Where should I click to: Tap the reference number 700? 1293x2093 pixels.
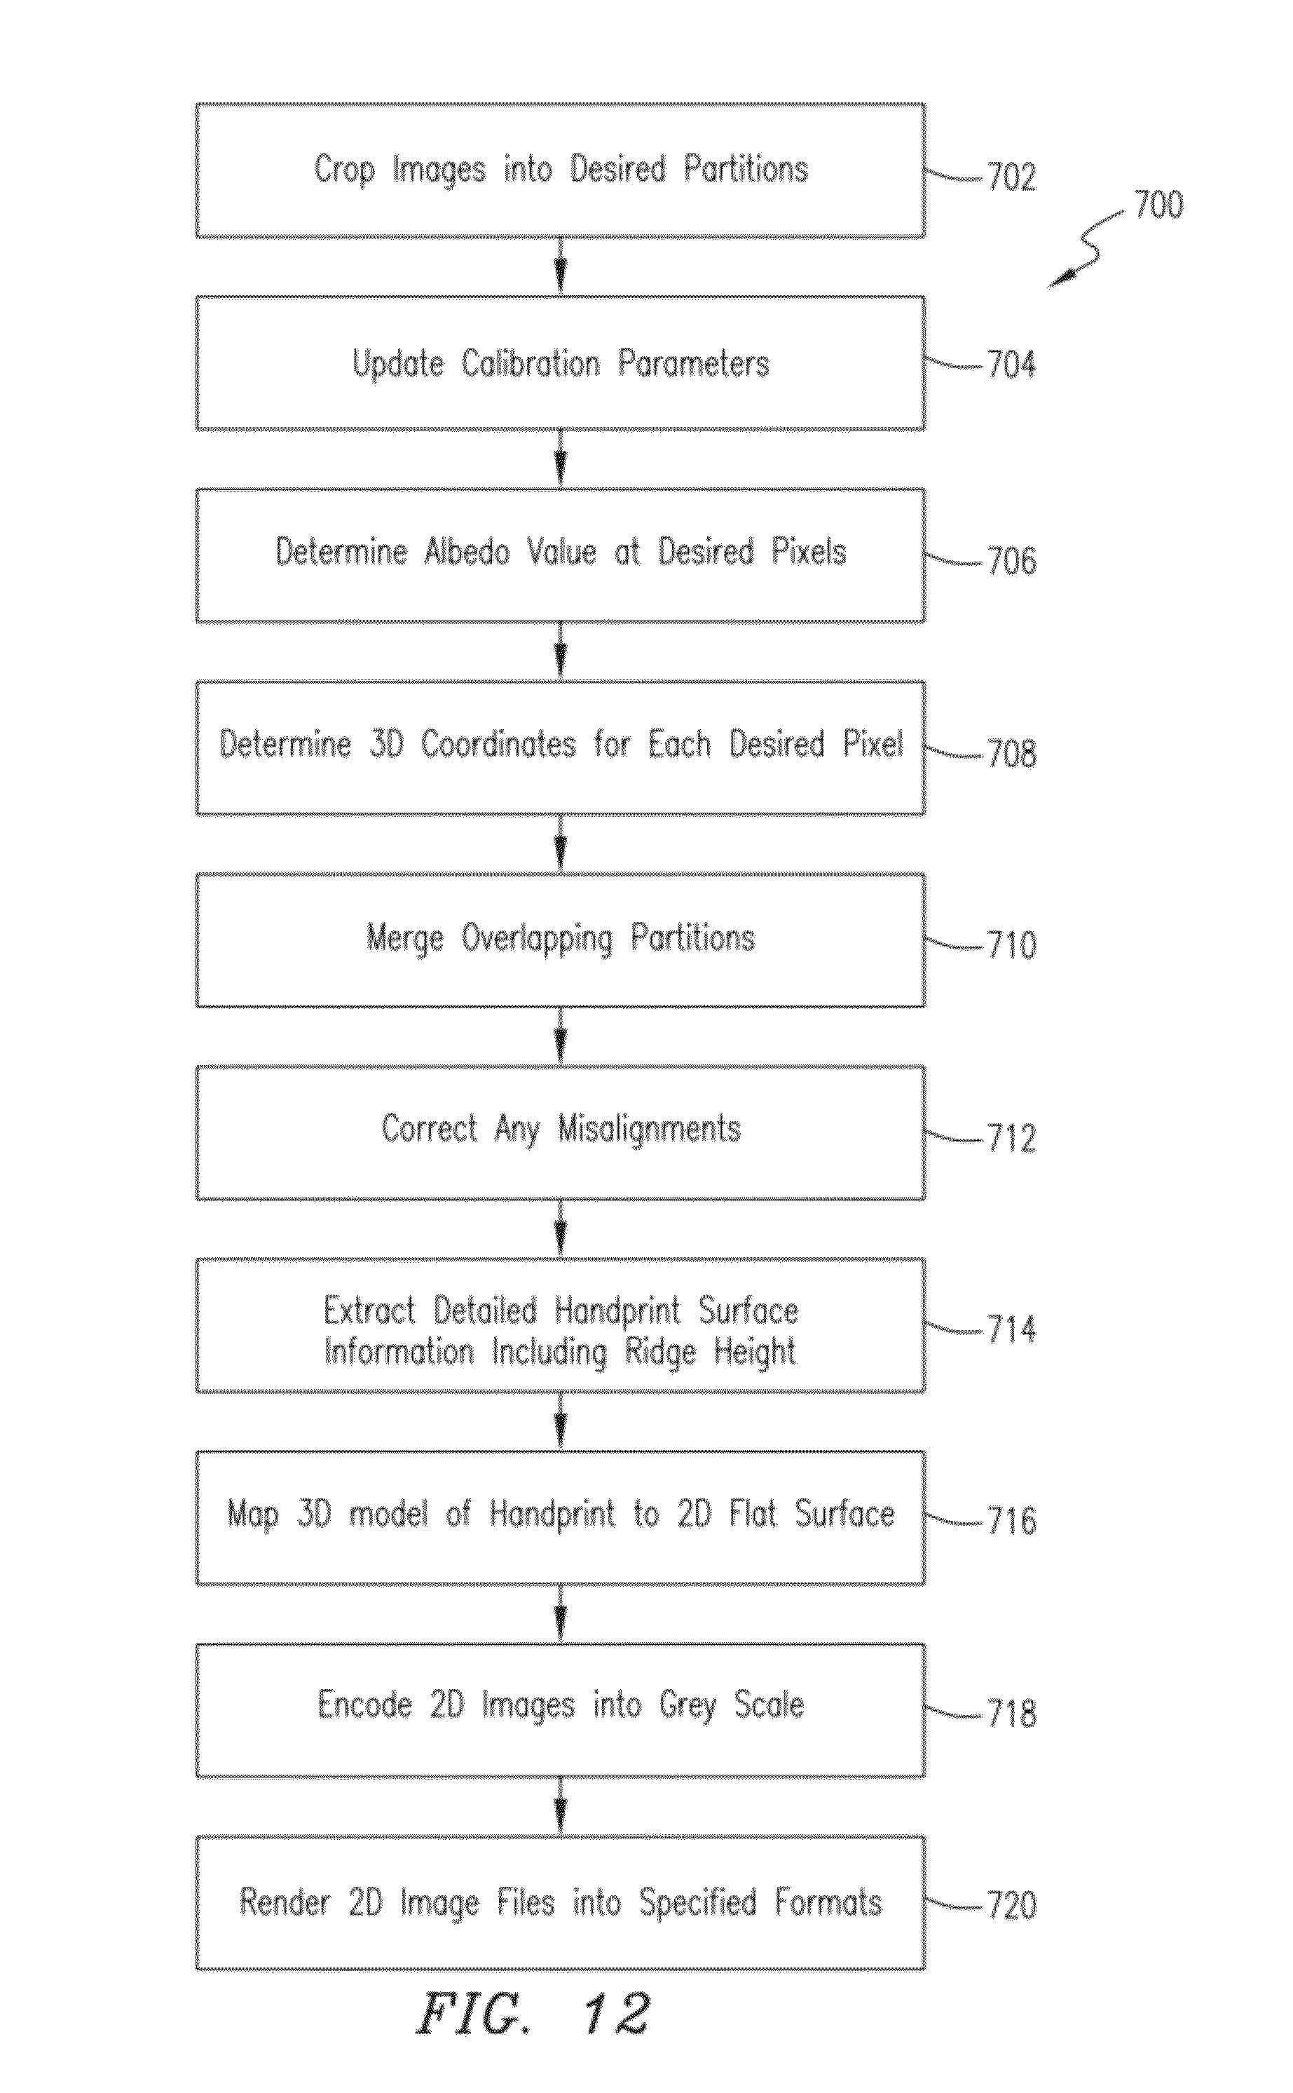click(1158, 205)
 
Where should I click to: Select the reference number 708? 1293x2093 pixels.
click(1012, 754)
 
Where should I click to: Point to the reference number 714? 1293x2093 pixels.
click(1012, 1329)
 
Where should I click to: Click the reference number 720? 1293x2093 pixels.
click(1012, 1906)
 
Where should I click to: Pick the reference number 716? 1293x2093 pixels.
click(1012, 1521)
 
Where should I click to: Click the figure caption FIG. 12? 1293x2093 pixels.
click(533, 2014)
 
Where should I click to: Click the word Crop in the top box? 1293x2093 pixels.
click(344, 170)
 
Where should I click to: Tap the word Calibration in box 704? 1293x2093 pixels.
click(531, 365)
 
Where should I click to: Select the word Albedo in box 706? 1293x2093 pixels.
click(467, 552)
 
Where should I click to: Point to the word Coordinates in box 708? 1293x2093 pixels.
click(498, 744)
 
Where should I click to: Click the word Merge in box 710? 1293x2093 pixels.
click(405, 938)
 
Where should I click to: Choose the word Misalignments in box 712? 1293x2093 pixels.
click(649, 1129)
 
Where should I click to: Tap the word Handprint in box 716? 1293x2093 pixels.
click(552, 1514)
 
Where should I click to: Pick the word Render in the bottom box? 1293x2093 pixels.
click(285, 1902)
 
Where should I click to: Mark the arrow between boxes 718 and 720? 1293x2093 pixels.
click(560, 1806)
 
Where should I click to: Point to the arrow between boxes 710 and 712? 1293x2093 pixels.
click(560, 1036)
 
